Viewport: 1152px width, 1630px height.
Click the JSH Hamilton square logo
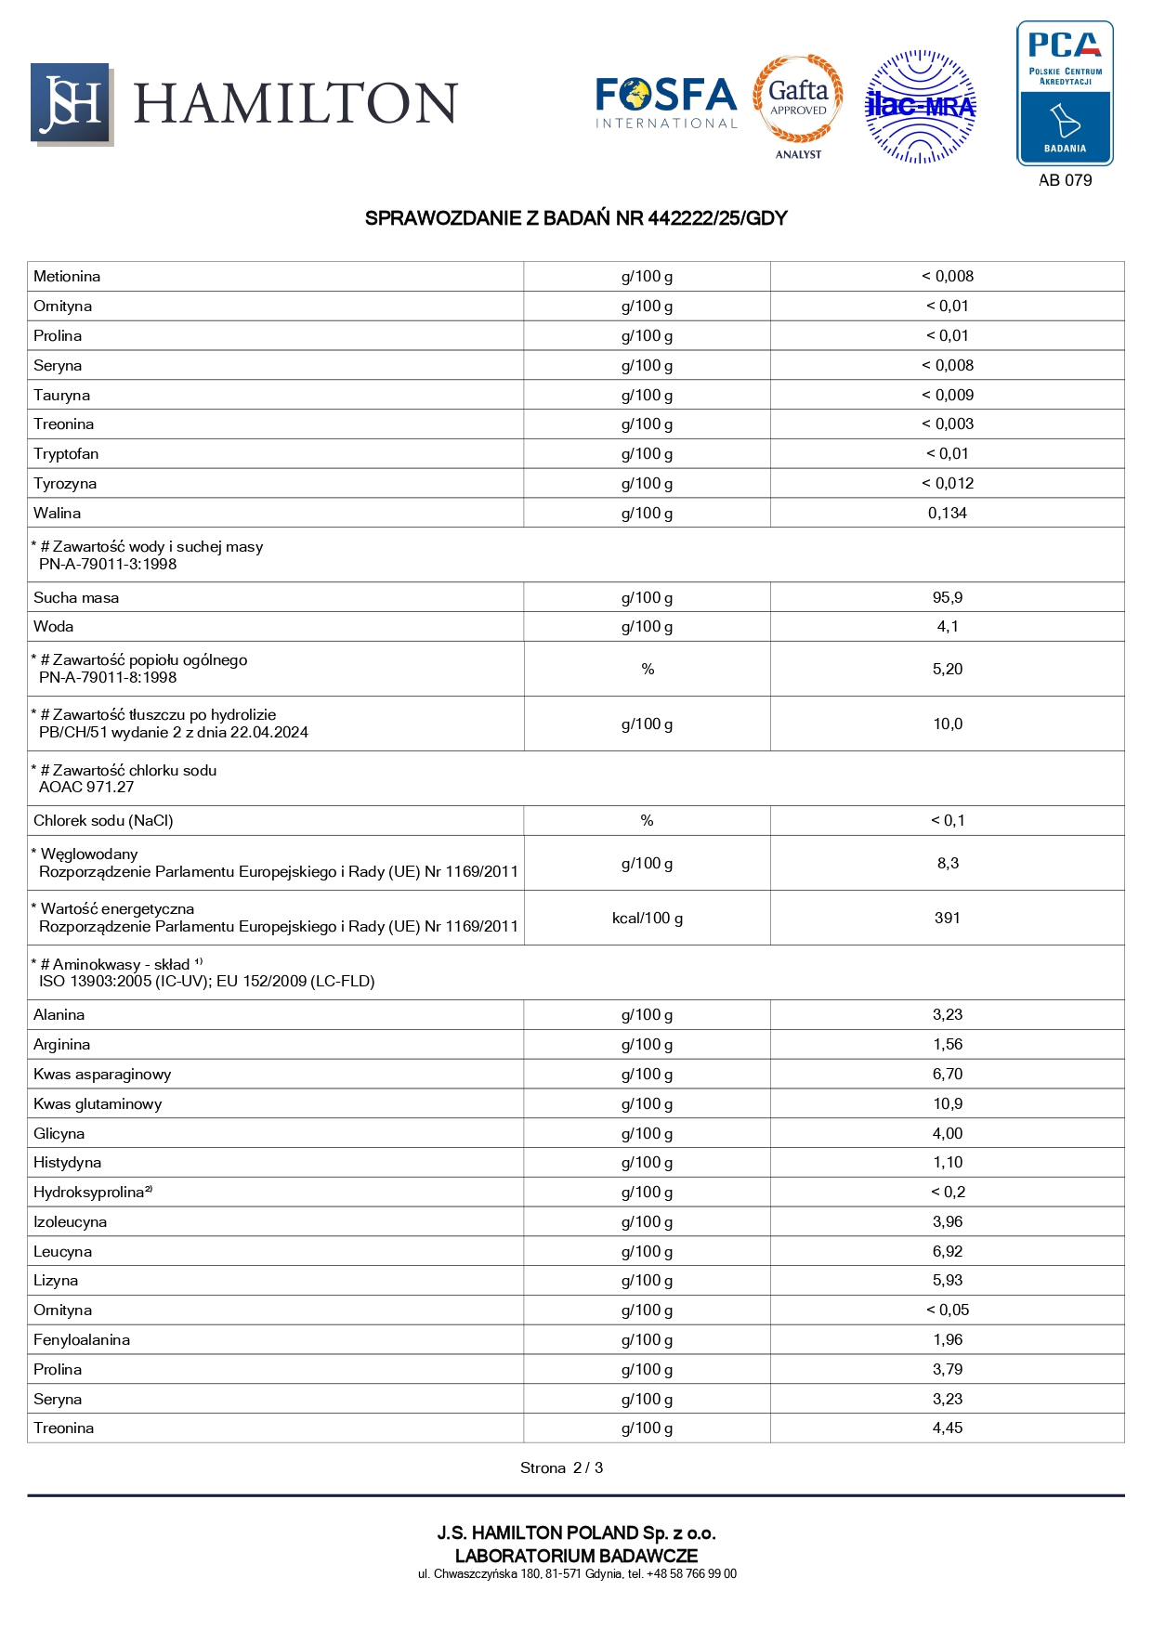click(72, 104)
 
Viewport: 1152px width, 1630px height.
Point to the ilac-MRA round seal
click(920, 107)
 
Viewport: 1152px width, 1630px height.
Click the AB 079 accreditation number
click(1065, 180)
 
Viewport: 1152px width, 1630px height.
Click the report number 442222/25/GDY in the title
click(717, 218)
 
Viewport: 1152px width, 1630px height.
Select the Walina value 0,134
click(947, 513)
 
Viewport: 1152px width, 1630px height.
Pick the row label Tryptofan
click(66, 453)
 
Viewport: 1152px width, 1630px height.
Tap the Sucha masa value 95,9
click(947, 597)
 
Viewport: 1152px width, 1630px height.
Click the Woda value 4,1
click(947, 626)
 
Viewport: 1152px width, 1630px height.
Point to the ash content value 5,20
click(947, 669)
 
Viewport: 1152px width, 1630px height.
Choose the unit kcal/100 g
click(647, 918)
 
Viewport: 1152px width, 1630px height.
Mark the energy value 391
click(947, 918)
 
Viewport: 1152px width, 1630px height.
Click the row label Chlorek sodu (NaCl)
click(103, 820)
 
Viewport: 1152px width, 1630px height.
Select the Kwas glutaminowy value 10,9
click(947, 1103)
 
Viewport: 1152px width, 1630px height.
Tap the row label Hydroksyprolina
click(89, 1192)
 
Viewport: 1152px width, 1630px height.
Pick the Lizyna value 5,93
click(947, 1280)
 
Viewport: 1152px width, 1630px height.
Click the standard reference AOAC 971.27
click(86, 787)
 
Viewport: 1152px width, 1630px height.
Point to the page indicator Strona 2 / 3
click(561, 1467)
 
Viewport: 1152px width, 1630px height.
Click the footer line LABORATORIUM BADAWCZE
click(576, 1555)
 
